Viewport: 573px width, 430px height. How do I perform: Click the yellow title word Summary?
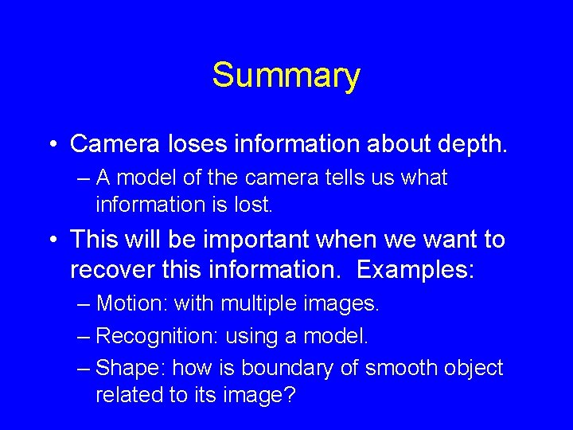(286, 76)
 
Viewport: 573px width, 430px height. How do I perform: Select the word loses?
(183, 144)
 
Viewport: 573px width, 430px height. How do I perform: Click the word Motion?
(131, 303)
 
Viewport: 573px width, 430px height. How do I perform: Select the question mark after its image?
(288, 395)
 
